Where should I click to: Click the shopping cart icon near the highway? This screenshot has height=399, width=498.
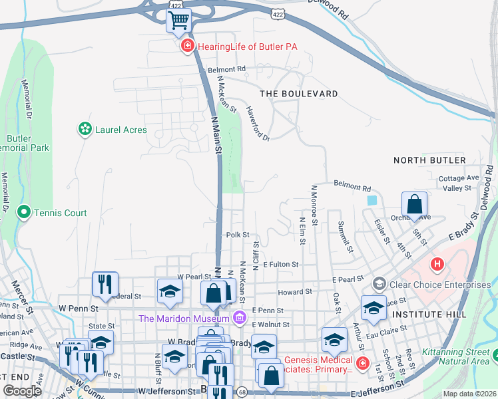[x=178, y=21]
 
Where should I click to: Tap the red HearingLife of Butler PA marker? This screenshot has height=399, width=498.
[x=188, y=46]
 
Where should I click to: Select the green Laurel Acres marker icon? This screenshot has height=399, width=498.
[x=85, y=129]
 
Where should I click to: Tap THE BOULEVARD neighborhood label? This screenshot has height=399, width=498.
[x=298, y=94]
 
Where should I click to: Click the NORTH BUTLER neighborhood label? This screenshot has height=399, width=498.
[x=429, y=160]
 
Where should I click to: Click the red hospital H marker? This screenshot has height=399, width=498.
[x=437, y=264]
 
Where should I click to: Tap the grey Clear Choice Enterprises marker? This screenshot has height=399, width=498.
[x=379, y=284]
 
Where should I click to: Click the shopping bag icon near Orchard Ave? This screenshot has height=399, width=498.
[x=414, y=205]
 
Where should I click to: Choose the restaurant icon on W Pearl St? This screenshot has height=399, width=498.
[x=105, y=285]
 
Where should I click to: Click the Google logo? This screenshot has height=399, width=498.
[x=23, y=391]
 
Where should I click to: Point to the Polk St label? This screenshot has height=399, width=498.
[x=238, y=235]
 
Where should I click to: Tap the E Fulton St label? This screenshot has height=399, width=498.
[x=280, y=264]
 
